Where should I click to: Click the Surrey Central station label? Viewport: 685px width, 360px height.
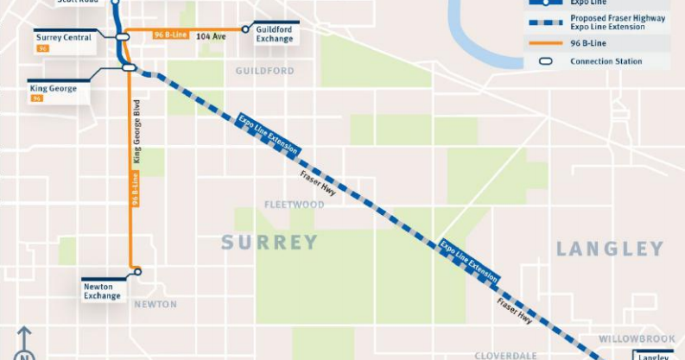click(63, 37)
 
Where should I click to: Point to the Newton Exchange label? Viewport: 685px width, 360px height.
click(102, 290)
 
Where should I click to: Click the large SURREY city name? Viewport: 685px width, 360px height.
click(270, 243)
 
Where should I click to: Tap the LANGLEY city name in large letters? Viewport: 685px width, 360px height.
click(609, 249)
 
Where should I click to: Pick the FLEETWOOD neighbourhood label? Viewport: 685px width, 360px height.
click(295, 205)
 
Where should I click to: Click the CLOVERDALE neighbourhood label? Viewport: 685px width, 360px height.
click(505, 355)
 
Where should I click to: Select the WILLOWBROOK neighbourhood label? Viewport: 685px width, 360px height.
click(637, 338)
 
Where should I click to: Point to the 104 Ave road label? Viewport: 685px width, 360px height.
click(210, 36)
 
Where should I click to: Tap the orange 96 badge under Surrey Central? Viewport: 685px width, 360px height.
click(43, 48)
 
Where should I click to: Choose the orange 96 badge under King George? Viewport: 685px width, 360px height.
click(37, 98)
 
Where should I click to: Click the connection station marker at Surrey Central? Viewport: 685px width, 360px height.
click(122, 36)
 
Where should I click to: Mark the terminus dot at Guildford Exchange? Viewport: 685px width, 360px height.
click(247, 29)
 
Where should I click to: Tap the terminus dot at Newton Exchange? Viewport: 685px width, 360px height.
click(137, 272)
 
